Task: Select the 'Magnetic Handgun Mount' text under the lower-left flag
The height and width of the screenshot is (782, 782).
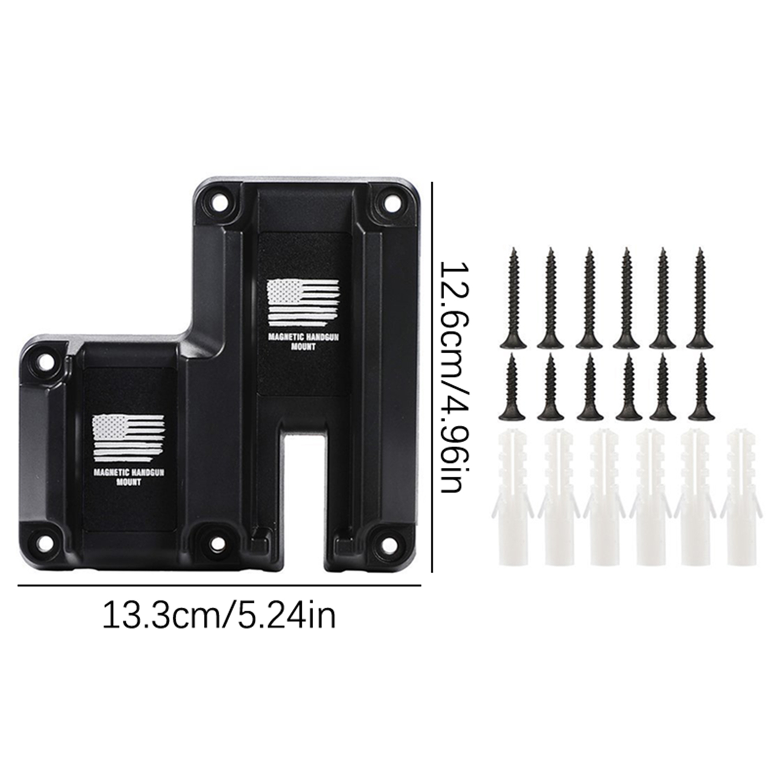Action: (129, 477)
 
